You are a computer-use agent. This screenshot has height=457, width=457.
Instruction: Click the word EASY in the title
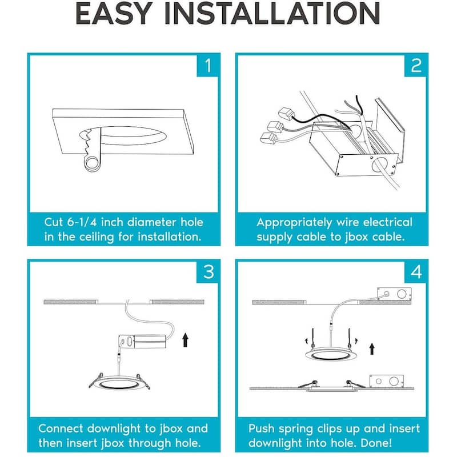pos(114,13)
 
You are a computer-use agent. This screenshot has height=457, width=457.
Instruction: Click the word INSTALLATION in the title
pos(272,13)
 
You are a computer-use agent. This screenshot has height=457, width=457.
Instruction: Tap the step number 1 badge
pos(207,66)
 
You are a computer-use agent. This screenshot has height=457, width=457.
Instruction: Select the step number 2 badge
pos(415,66)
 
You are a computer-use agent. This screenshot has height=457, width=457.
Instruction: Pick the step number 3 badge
pos(207,272)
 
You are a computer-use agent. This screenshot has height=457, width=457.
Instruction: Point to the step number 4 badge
pos(415,272)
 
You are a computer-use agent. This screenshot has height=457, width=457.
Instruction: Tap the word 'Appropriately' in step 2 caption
pos(294,223)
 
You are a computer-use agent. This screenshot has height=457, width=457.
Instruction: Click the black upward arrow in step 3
pos(185,340)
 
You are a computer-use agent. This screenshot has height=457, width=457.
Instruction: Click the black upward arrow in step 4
pos(372,349)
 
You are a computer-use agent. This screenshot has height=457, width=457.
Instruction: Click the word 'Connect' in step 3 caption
pos(61,428)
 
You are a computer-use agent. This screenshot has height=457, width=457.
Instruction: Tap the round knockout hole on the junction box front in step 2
pos(379,164)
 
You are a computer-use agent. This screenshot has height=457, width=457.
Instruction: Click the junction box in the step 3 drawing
pos(142,341)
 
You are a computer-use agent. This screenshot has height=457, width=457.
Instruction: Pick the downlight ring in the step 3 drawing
pos(119,383)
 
